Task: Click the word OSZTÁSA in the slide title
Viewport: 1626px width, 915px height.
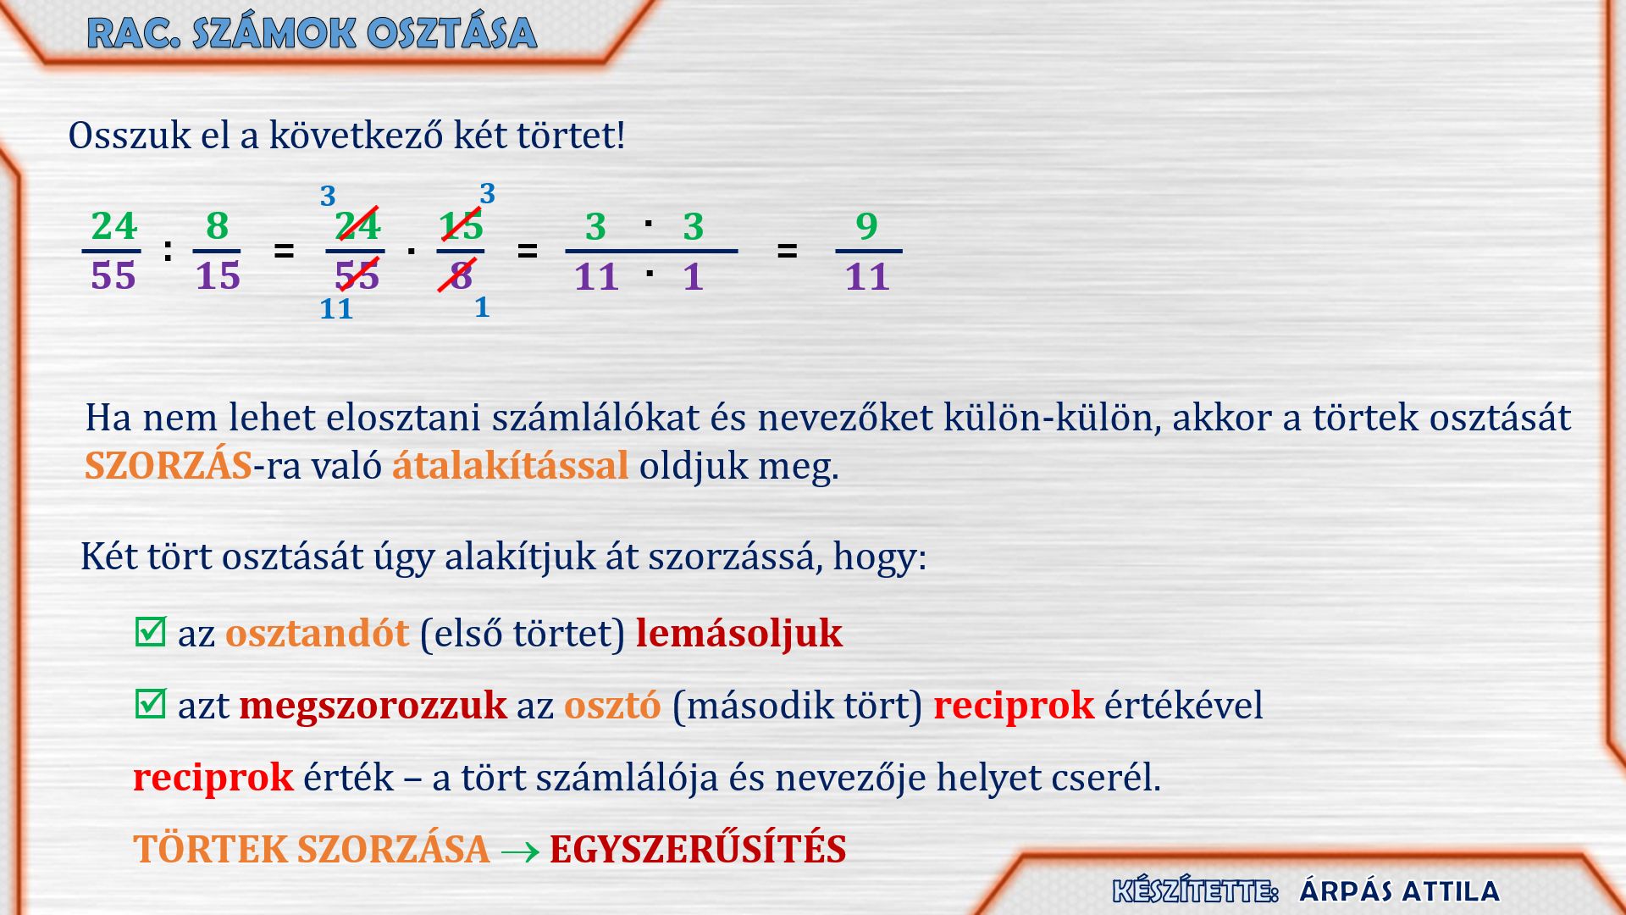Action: [x=452, y=33]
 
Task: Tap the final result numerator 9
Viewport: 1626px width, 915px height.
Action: [x=866, y=226]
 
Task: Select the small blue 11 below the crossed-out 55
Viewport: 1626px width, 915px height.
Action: [x=336, y=308]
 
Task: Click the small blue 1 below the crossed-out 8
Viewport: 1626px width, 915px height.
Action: [x=482, y=307]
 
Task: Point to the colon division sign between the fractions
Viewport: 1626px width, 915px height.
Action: [x=168, y=250]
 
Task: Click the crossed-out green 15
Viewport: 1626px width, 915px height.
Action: [x=461, y=226]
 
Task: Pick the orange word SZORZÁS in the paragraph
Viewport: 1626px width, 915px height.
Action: [x=169, y=465]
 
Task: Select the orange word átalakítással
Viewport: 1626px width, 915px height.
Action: [x=510, y=465]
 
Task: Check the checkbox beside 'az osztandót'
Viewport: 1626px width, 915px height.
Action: [x=150, y=631]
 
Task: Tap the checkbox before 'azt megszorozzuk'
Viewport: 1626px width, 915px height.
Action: [x=150, y=703]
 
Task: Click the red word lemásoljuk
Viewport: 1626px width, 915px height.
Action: [x=738, y=633]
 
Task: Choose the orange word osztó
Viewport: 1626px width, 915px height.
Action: [x=612, y=705]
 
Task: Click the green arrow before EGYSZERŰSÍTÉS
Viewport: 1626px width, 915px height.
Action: [x=520, y=851]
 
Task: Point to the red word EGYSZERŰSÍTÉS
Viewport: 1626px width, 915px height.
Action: [x=698, y=849]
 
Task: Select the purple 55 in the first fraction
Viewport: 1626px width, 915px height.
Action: [x=113, y=276]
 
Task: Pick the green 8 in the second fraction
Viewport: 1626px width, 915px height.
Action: [x=218, y=226]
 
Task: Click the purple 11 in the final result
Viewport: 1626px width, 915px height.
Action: [x=867, y=277]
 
